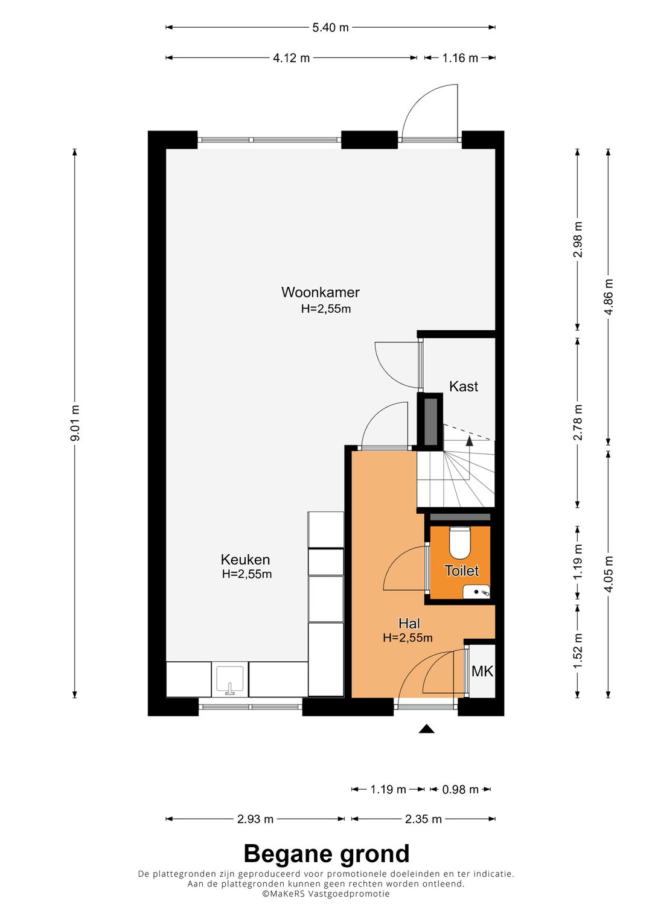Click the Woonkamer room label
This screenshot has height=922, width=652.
coord(320,292)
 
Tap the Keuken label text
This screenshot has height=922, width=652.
coord(245,559)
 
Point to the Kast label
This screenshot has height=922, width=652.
coord(464,386)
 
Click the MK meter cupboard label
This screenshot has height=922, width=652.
coord(482,671)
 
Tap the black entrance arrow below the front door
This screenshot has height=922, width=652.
coord(426,729)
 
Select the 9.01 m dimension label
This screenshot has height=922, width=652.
coord(75,423)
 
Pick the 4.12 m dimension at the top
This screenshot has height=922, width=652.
coord(292,58)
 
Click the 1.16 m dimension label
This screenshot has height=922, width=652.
coord(460,58)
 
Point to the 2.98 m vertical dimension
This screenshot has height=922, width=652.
coord(578,240)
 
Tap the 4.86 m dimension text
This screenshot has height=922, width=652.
coord(609,296)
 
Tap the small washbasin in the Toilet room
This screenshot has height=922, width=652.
coord(476,592)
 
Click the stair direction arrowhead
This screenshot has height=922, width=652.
coord(469,441)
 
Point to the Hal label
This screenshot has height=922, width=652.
coord(409,624)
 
